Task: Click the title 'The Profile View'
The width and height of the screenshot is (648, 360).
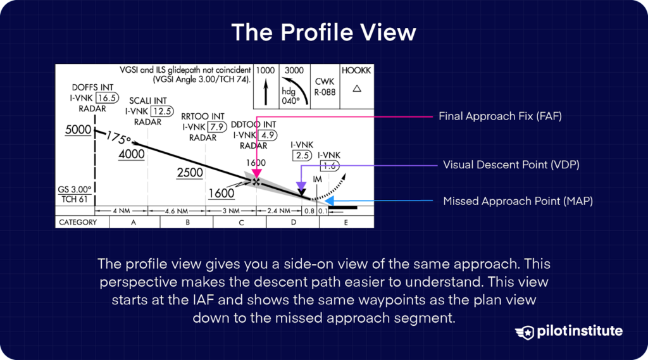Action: pos(323,32)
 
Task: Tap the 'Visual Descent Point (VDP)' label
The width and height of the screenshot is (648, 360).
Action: pos(511,164)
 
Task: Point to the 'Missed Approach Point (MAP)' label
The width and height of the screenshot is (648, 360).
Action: pos(518,201)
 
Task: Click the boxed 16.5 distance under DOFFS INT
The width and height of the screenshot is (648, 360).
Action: pos(106,98)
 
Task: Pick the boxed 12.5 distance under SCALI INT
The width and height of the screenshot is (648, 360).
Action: pos(161,111)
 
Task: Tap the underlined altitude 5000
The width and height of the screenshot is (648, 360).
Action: pos(78,130)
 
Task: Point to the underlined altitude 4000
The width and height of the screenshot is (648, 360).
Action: pos(132,154)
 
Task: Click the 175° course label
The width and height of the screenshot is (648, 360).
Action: pos(118,137)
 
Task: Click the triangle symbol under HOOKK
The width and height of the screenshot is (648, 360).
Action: pos(356,89)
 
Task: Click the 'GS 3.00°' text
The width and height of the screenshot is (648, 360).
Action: pos(75,189)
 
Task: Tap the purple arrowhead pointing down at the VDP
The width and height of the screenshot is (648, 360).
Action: pos(302,185)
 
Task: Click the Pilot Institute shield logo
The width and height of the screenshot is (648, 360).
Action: pos(525,332)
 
